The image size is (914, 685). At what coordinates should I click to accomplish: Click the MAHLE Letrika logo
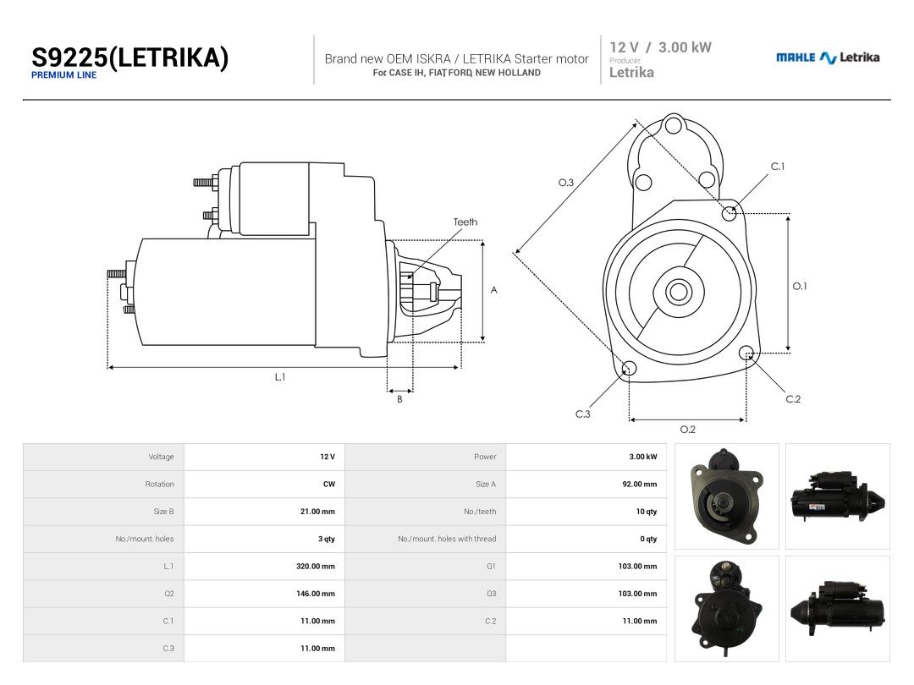click(x=828, y=58)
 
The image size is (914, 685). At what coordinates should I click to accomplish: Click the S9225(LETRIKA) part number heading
click(x=129, y=58)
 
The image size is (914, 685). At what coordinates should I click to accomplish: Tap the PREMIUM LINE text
click(x=63, y=75)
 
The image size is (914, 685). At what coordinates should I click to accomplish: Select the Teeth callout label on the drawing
click(x=465, y=222)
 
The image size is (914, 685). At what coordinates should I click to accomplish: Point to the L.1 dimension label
click(x=280, y=377)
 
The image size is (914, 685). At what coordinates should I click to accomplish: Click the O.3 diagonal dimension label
click(x=566, y=183)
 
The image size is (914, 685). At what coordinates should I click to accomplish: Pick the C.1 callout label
click(x=778, y=167)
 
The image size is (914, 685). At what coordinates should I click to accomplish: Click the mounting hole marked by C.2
click(x=746, y=353)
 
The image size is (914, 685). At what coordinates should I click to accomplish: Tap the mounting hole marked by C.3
click(x=630, y=368)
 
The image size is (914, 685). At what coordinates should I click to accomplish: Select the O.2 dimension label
click(x=688, y=430)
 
